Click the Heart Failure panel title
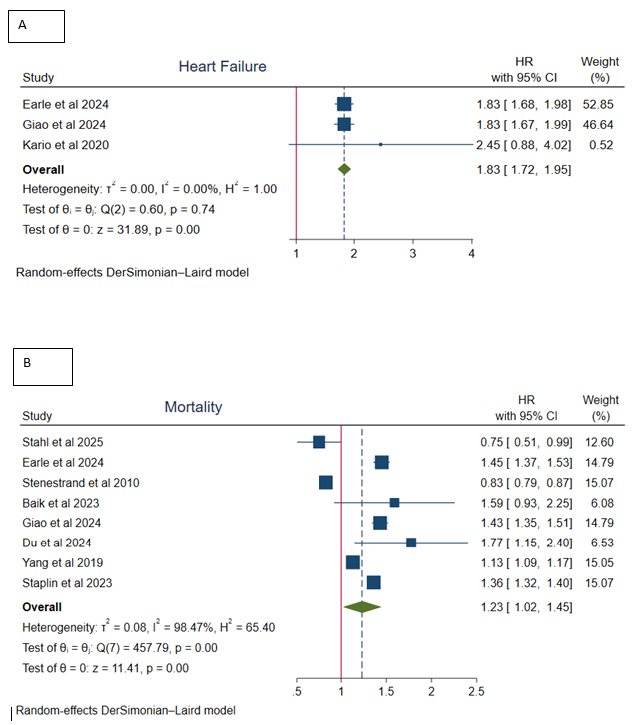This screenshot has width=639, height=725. tap(222, 67)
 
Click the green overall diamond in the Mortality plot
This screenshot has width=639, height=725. tap(361, 606)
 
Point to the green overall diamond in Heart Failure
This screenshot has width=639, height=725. tap(344, 169)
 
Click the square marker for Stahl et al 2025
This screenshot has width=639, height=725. tap(319, 442)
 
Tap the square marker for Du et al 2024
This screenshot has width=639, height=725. tap(411, 543)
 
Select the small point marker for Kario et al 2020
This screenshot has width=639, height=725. tap(380, 145)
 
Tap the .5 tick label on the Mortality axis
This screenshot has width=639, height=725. tap(297, 691)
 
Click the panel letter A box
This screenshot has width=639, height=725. tap(36, 27)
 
